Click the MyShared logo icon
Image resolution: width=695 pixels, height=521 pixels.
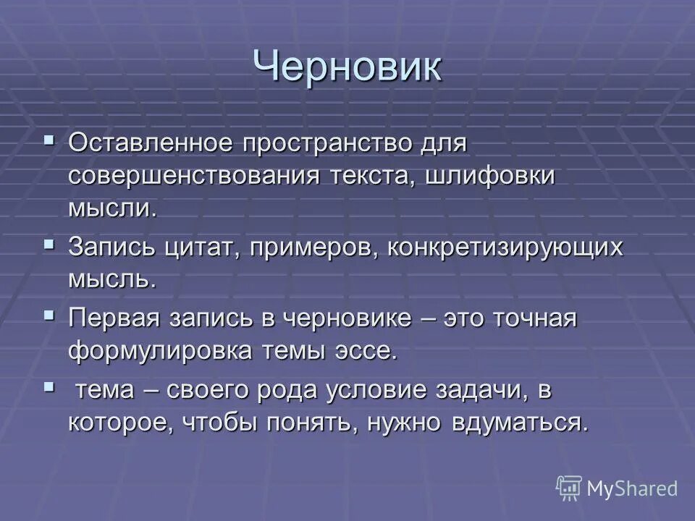569,488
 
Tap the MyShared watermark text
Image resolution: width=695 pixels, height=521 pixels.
632,488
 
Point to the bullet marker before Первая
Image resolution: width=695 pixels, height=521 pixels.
49,314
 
